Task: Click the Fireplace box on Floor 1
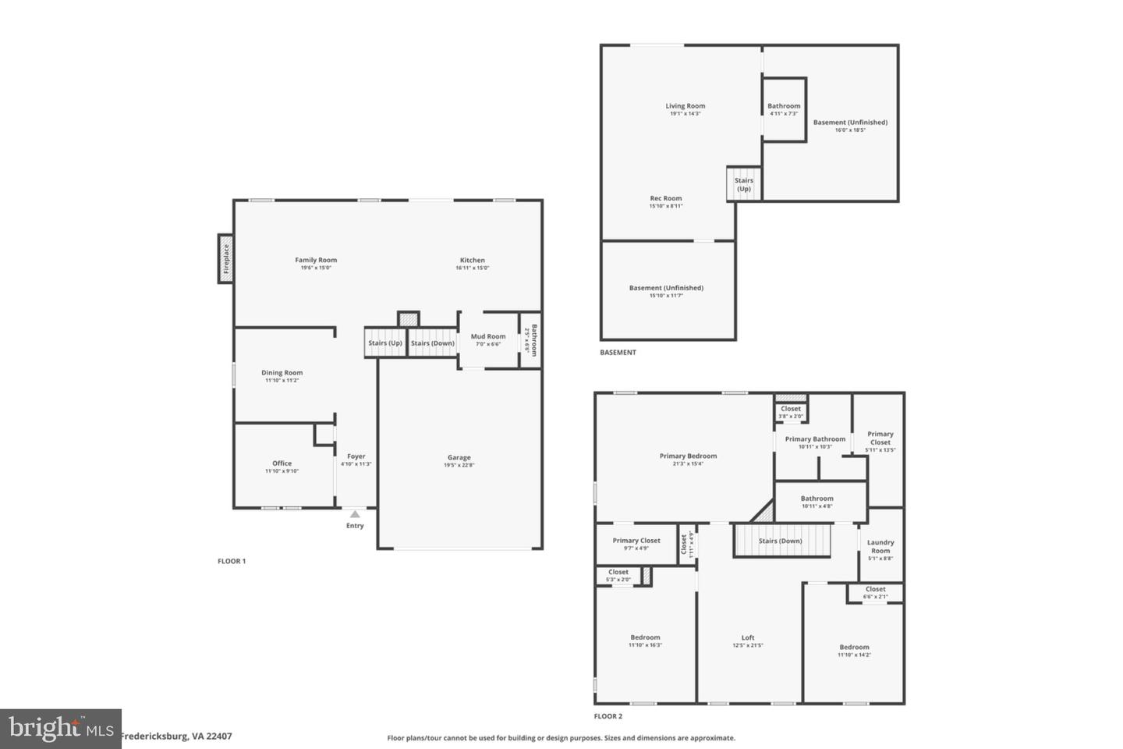pyautogui.click(x=225, y=259)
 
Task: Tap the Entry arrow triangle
pyautogui.click(x=355, y=514)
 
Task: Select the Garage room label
pyautogui.click(x=459, y=458)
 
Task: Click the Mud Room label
pyautogui.click(x=488, y=337)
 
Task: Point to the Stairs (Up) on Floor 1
pyautogui.click(x=385, y=343)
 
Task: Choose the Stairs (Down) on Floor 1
pyautogui.click(x=432, y=343)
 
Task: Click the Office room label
pyautogui.click(x=282, y=463)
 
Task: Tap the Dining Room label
pyautogui.click(x=282, y=373)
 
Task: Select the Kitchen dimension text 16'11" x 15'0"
pyautogui.click(x=472, y=268)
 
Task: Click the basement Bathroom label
pyautogui.click(x=784, y=106)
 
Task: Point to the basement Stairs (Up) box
pyautogui.click(x=744, y=184)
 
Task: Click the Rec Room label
pyautogui.click(x=666, y=198)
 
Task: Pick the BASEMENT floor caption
pyautogui.click(x=618, y=353)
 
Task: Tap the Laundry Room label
pyautogui.click(x=880, y=546)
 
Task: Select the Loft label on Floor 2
pyautogui.click(x=748, y=637)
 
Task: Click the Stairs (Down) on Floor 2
pyautogui.click(x=780, y=541)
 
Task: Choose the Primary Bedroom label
pyautogui.click(x=688, y=456)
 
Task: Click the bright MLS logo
pyautogui.click(x=60, y=729)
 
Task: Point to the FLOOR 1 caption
pyautogui.click(x=232, y=561)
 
